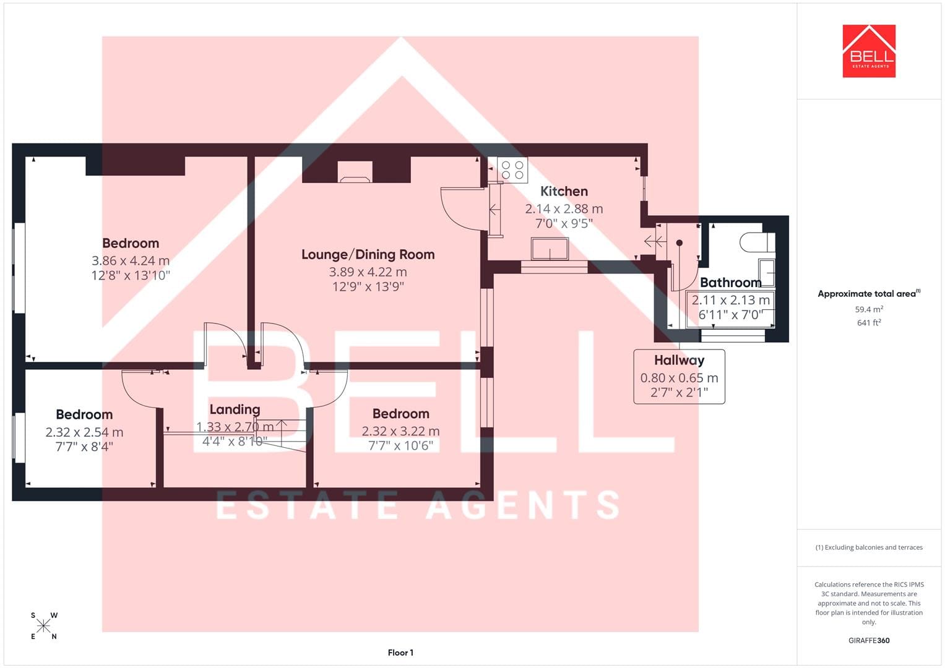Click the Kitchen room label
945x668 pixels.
point(564,191)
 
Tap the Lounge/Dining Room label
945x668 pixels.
point(368,254)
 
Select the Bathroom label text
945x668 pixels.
point(731,282)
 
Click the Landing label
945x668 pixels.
point(235,409)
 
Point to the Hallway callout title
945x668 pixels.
point(680,360)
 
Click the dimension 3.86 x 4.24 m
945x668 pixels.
point(131,260)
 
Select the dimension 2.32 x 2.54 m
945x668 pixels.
point(84,432)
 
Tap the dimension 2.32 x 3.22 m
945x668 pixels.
point(401,431)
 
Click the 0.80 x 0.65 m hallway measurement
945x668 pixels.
point(680,378)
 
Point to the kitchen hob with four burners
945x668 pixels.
point(512,170)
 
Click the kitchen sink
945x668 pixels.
point(550,249)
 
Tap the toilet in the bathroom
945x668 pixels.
point(758,242)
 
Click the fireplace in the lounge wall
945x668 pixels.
point(355,172)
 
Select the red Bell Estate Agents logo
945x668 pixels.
point(869,51)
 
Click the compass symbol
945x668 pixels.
point(43,626)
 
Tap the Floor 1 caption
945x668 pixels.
point(401,653)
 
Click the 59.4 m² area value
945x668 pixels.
point(869,309)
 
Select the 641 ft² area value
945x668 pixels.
point(869,323)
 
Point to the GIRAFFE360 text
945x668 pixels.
point(869,640)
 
